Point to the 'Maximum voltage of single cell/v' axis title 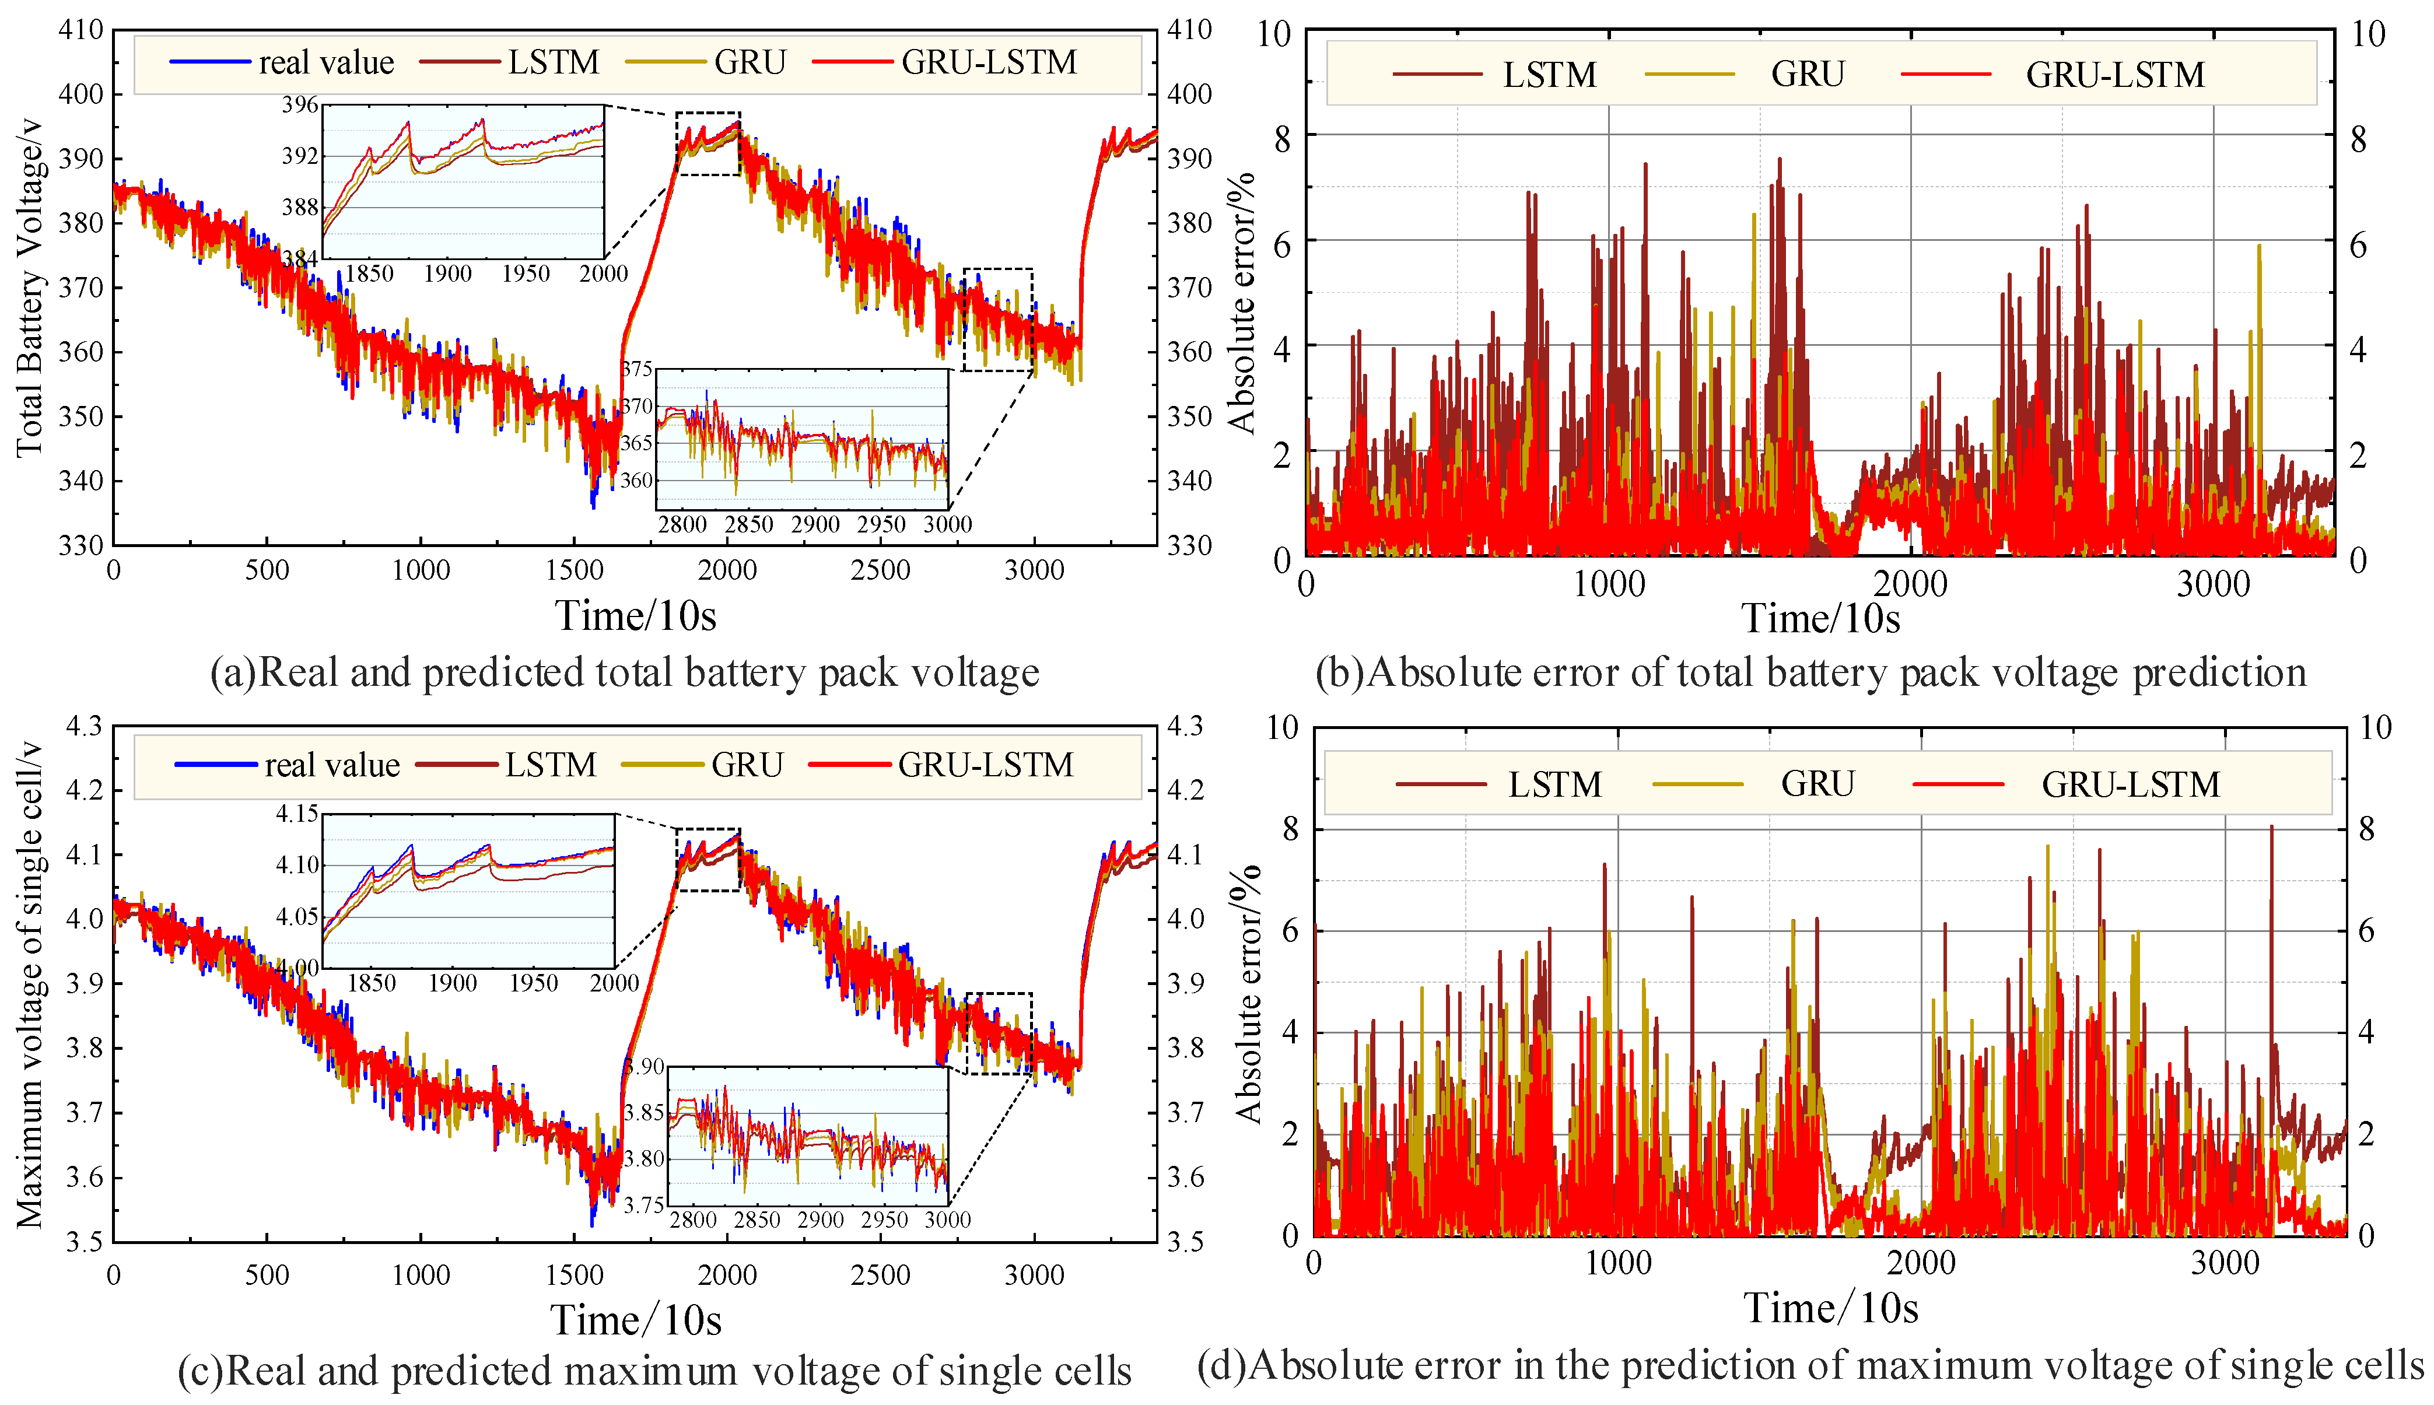[x=29, y=984]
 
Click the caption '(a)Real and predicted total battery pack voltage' [x=624, y=672]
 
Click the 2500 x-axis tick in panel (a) [x=880, y=570]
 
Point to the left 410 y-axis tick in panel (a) [x=81, y=30]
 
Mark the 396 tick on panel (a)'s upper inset [x=299, y=104]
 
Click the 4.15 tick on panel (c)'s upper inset [x=297, y=814]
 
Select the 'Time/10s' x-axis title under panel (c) [x=636, y=1320]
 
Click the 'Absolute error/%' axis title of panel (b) [x=1242, y=302]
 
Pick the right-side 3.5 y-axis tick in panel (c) [x=1186, y=1241]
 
